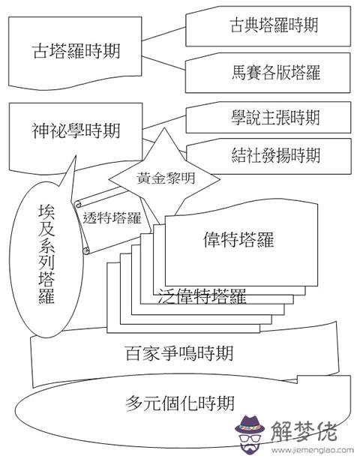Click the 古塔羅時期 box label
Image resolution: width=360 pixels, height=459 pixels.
tap(76, 51)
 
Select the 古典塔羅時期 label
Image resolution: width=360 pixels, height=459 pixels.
tap(274, 25)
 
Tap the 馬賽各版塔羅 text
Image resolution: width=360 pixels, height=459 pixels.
tap(276, 72)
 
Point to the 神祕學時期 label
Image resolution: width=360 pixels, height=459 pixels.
tap(76, 130)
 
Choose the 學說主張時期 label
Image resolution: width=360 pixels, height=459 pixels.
tap(275, 118)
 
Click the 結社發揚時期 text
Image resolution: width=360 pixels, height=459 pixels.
tap(276, 155)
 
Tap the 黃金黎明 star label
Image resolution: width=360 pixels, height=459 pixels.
tap(166, 178)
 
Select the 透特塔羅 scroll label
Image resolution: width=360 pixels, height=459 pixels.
tap(112, 218)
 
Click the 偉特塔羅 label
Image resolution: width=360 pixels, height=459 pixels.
tap(238, 240)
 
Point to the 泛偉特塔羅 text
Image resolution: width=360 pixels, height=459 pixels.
tap(202, 295)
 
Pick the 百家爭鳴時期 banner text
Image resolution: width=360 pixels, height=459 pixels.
tap(179, 353)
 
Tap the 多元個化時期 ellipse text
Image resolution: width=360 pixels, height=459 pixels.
tap(180, 403)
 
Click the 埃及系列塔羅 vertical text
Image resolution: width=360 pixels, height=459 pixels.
tap(46, 253)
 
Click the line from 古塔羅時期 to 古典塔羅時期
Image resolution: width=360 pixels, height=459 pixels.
tap(164, 34)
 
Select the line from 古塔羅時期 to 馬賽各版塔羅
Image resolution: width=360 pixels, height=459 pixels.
tap(164, 63)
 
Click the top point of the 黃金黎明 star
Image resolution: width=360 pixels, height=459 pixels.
tap(164, 128)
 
